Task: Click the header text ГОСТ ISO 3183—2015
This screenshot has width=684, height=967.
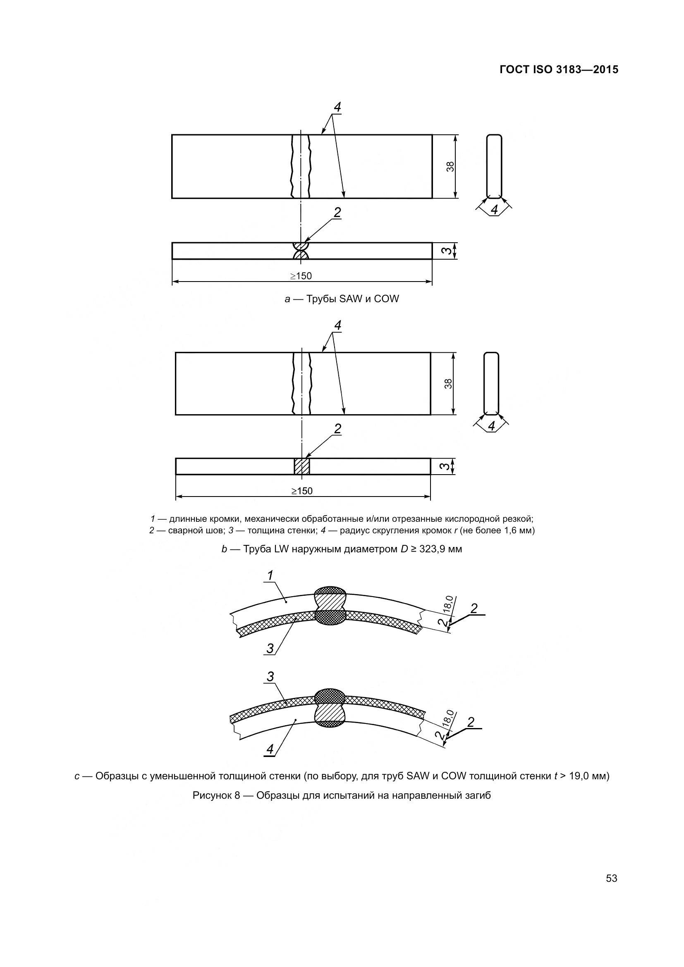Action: (x=559, y=70)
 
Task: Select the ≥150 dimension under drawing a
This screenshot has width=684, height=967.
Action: (x=301, y=276)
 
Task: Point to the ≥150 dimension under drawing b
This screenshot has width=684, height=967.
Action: (x=302, y=491)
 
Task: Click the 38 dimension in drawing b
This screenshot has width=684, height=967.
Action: (x=449, y=384)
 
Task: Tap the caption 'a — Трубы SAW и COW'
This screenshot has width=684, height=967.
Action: (x=342, y=299)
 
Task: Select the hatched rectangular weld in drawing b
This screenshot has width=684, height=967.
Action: (x=302, y=467)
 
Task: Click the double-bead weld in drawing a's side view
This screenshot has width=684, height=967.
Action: (x=301, y=251)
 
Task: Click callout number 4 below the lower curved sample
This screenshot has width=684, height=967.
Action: (x=270, y=749)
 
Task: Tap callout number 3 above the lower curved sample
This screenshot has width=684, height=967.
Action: (x=270, y=677)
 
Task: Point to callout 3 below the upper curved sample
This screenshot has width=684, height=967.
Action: (x=270, y=649)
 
